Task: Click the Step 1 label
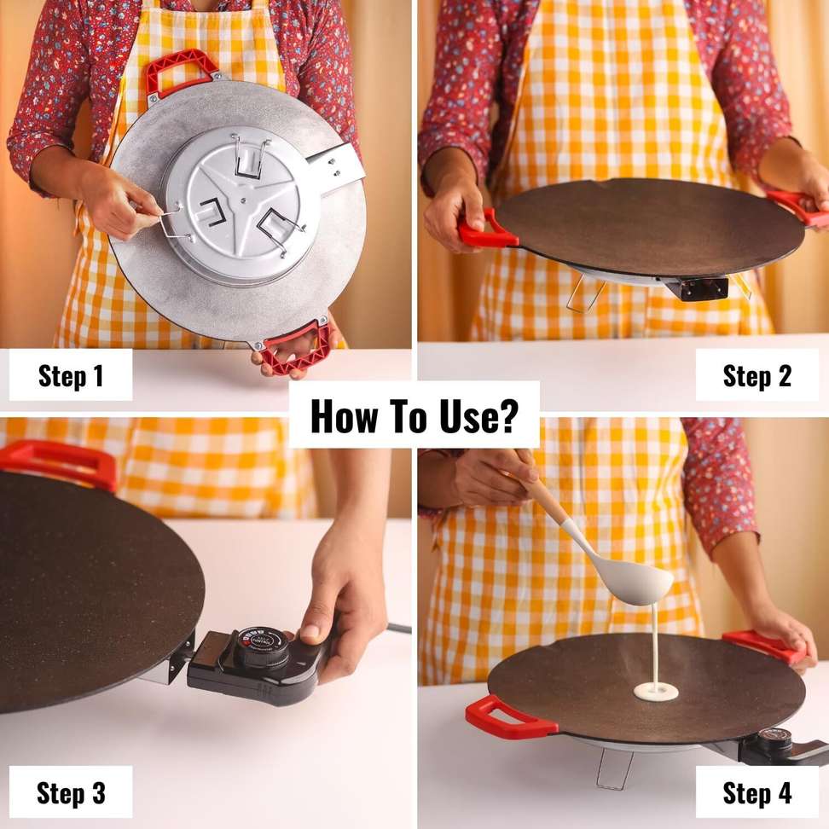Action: pos(71,375)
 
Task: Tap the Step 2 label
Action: pos(757,375)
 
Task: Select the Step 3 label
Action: pos(71,792)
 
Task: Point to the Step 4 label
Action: pos(757,792)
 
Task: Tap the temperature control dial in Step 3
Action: pos(261,645)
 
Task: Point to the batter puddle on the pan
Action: pos(656,691)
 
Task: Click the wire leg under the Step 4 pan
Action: pos(615,769)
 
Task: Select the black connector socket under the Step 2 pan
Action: pos(696,287)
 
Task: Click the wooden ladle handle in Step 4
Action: pos(544,489)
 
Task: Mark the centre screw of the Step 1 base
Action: pos(243,200)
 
